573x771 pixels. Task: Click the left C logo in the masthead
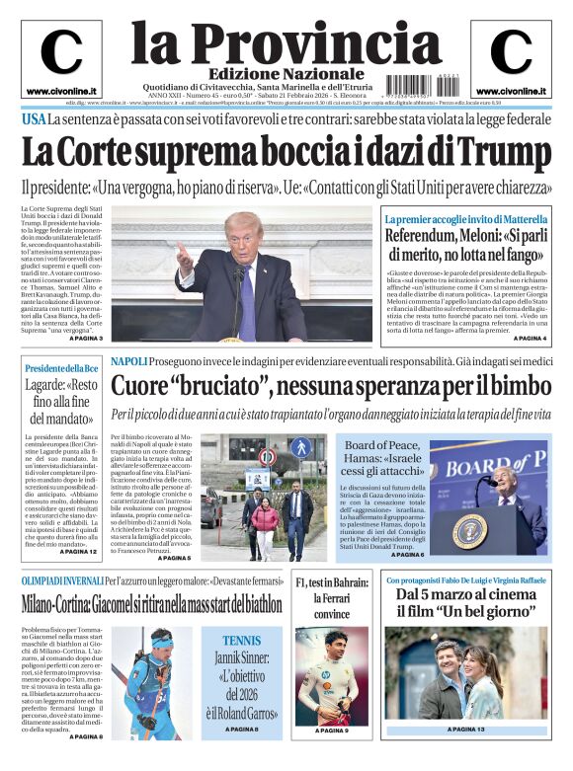[61, 52]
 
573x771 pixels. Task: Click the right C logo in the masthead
[510, 52]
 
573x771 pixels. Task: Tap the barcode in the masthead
[414, 85]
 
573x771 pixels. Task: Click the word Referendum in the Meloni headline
[428, 237]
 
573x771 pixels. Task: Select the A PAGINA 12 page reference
[79, 551]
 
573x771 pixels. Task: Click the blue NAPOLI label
[129, 361]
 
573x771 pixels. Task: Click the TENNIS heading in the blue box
[242, 640]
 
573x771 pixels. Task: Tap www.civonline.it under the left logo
[61, 91]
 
